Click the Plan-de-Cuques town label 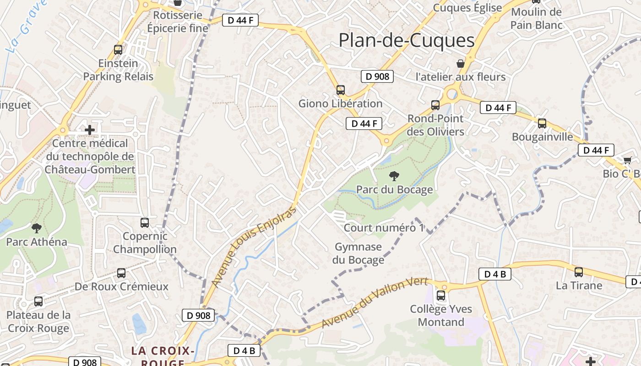pyautogui.click(x=407, y=41)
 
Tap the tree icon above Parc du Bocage pyautogui.click(x=394, y=176)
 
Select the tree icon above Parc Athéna pyautogui.click(x=36, y=228)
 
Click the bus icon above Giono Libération pyautogui.click(x=340, y=90)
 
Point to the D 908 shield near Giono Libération pyautogui.click(x=378, y=76)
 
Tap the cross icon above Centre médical pyautogui.click(x=90, y=130)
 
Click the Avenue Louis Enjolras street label pyautogui.click(x=255, y=247)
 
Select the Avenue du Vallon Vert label pyautogui.click(x=375, y=302)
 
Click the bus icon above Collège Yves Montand pyautogui.click(x=441, y=296)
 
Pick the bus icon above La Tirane pyautogui.click(x=579, y=272)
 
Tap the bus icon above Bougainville pyautogui.click(x=542, y=123)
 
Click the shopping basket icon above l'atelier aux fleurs pyautogui.click(x=460, y=63)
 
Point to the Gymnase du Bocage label pyautogui.click(x=359, y=253)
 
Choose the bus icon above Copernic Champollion pyautogui.click(x=145, y=223)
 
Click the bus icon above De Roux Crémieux pyautogui.click(x=121, y=273)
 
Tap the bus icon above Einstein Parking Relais pyautogui.click(x=118, y=50)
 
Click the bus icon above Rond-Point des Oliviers pyautogui.click(x=435, y=105)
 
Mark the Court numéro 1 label pyautogui.click(x=384, y=228)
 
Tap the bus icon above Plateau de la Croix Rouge pyautogui.click(x=38, y=301)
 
